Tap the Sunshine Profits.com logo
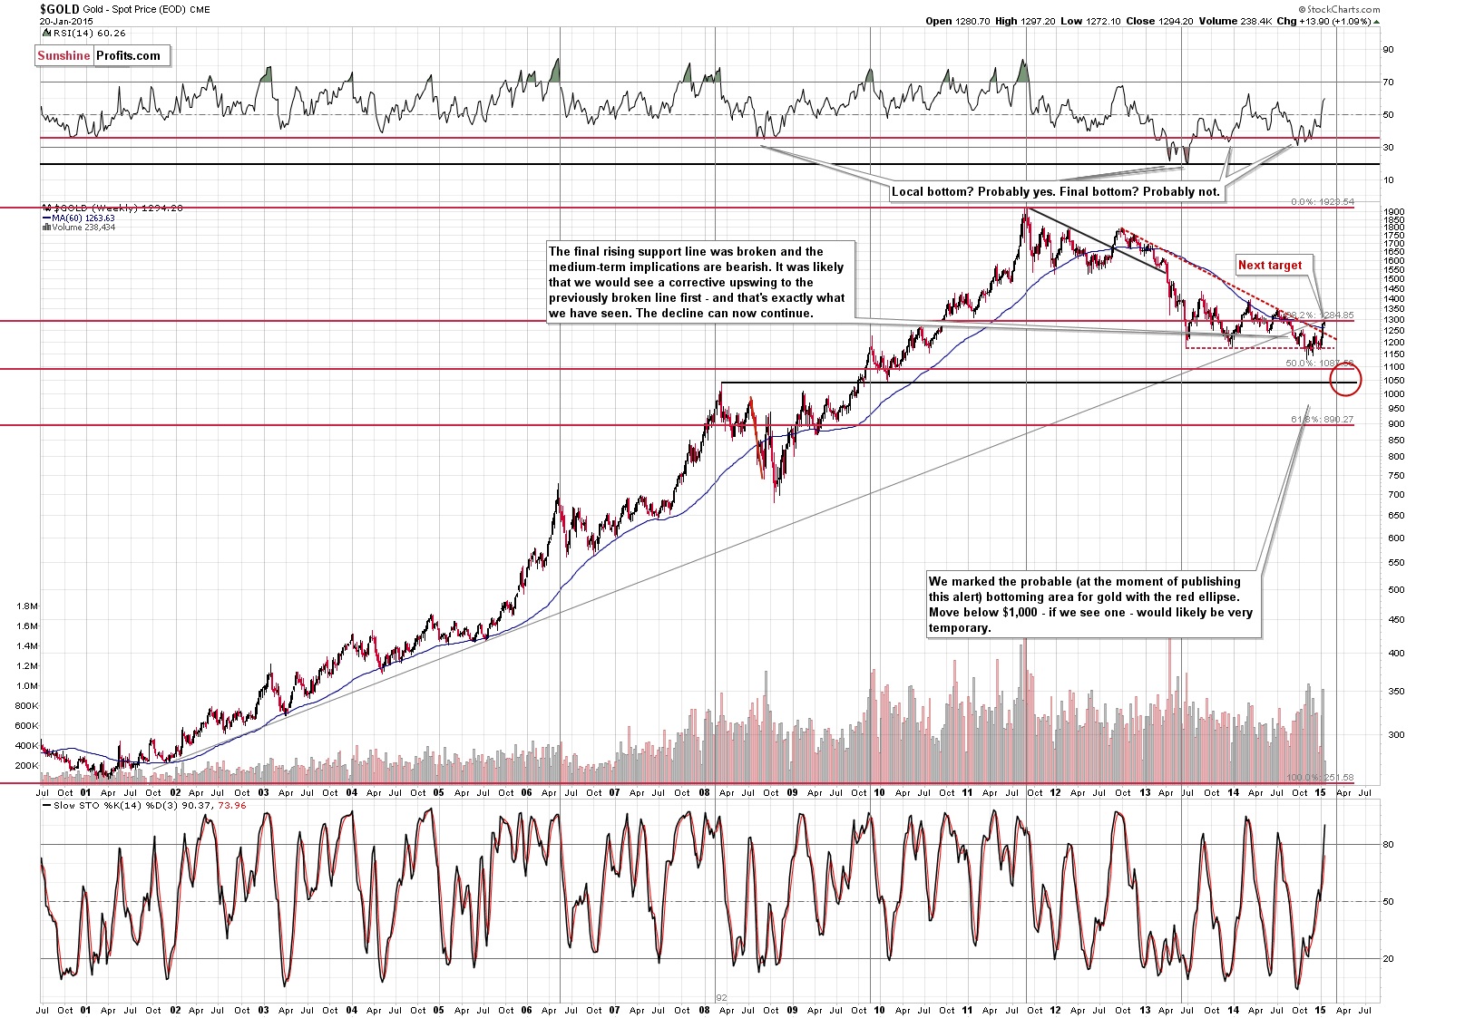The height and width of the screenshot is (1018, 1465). (99, 55)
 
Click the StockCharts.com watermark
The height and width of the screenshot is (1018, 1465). (1342, 10)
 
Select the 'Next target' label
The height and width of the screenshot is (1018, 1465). (1269, 265)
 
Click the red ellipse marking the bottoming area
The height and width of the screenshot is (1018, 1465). (1344, 378)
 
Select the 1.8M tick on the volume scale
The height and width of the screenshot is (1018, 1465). (27, 606)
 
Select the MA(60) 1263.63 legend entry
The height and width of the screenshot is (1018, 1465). (82, 218)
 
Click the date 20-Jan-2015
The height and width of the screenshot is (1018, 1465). (66, 21)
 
